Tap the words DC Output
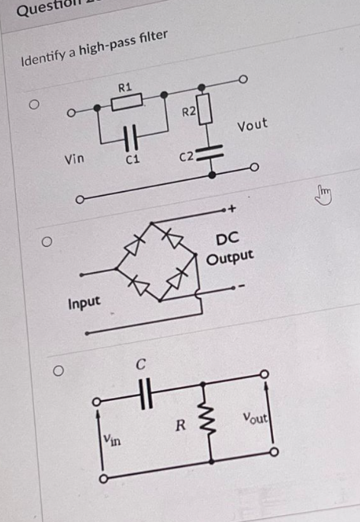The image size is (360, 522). pyautogui.click(x=229, y=248)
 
